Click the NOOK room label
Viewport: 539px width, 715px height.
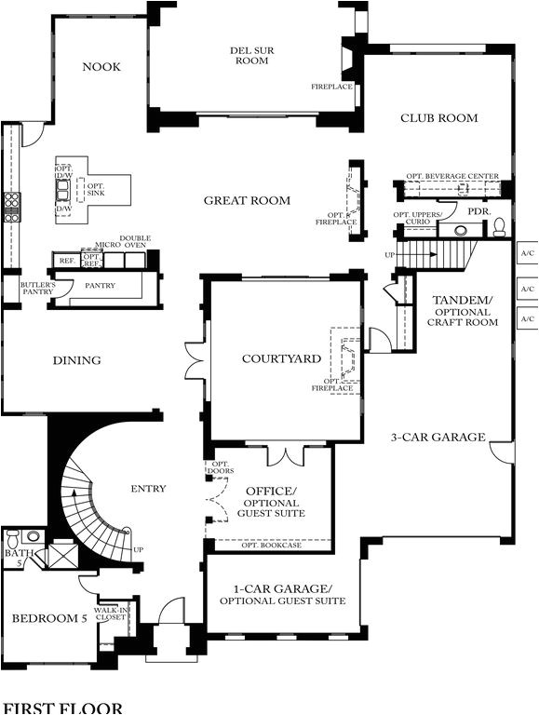[102, 66]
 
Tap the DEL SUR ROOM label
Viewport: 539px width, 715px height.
[252, 55]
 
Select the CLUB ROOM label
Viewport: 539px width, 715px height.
[438, 118]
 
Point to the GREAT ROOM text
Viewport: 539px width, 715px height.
[247, 200]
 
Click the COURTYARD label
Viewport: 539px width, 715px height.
[281, 358]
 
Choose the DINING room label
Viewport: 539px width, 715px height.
[76, 360]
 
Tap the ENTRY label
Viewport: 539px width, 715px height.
[148, 489]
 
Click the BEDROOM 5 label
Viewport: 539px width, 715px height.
[48, 618]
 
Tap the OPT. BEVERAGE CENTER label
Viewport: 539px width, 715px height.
[451, 176]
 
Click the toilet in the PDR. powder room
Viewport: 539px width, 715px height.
[498, 227]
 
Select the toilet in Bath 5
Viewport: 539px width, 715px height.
[13, 539]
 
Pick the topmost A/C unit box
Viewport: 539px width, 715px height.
[527, 253]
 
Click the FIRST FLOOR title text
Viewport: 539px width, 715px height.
[61, 708]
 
